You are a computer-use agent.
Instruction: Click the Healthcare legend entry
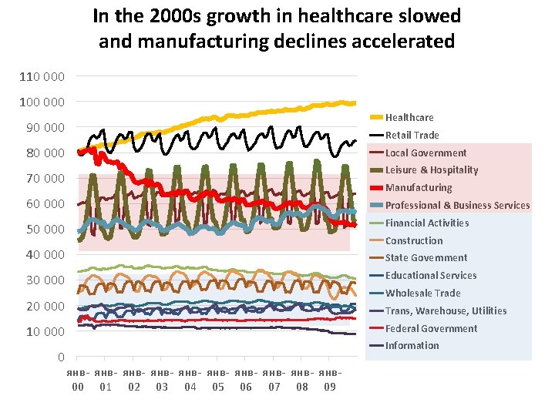[x=409, y=117]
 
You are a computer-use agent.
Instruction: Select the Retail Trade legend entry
[x=412, y=135]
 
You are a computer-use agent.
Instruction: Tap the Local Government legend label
[x=425, y=153]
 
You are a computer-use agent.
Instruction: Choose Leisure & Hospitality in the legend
[x=432, y=169]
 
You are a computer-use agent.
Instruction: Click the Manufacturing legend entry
[x=419, y=187]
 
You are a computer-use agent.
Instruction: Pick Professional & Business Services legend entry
[x=457, y=205]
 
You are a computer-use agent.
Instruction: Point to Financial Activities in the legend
[x=426, y=223]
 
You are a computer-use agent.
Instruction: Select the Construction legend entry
[x=414, y=240]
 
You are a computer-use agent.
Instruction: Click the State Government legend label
[x=426, y=257]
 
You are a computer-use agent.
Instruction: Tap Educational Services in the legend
[x=431, y=275]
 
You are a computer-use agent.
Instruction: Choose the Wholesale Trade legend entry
[x=422, y=293]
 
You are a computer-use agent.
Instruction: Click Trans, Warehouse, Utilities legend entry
[x=446, y=310]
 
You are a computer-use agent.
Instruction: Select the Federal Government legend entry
[x=431, y=328]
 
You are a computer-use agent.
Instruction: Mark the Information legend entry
[x=412, y=345]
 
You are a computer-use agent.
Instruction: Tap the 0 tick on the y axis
[x=61, y=357]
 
